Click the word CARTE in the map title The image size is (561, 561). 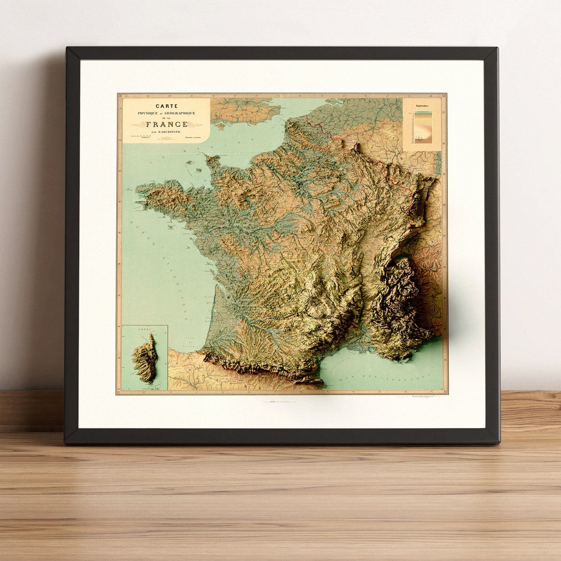pos(166,106)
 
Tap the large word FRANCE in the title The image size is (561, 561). pos(167,124)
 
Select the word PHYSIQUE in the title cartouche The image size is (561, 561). pos(149,113)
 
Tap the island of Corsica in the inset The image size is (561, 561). pos(145,358)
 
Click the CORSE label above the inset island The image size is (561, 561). pos(144,329)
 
